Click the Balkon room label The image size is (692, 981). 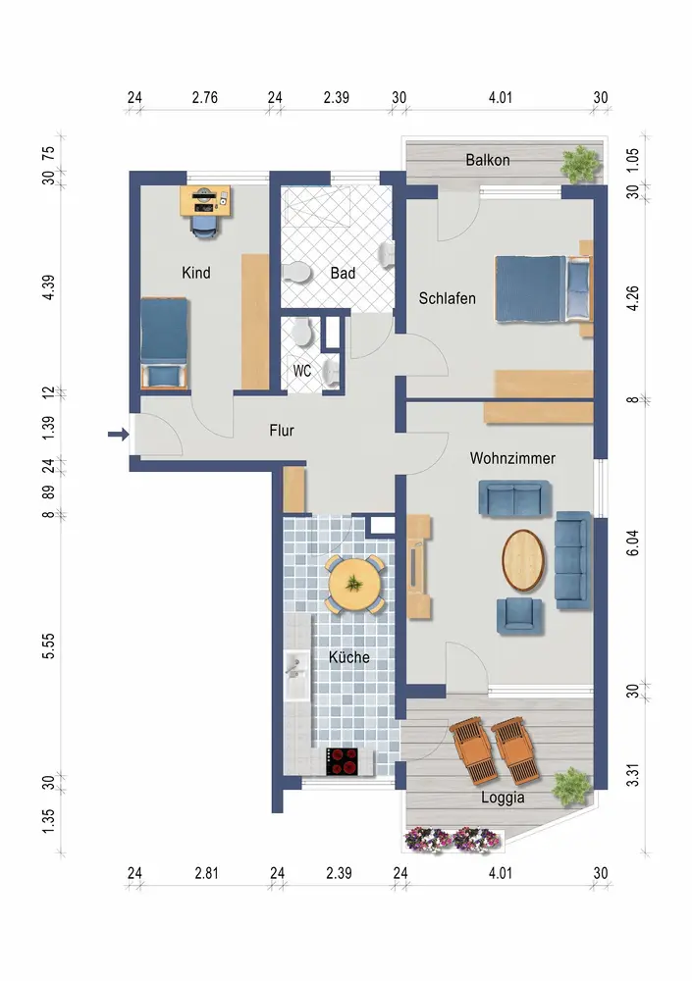click(487, 160)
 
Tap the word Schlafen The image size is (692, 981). click(448, 298)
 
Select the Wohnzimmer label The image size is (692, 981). click(512, 458)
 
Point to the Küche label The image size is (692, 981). click(348, 657)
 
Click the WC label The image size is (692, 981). click(302, 371)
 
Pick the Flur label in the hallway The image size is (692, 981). click(281, 431)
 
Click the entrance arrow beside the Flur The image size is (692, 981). click(119, 434)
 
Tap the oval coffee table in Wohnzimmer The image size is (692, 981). click(523, 560)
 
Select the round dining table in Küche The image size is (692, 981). click(354, 584)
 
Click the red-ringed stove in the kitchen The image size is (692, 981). click(342, 762)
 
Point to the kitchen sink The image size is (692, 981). click(295, 676)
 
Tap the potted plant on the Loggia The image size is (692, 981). click(571, 786)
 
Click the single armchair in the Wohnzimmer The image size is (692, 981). click(518, 615)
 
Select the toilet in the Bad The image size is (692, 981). click(296, 274)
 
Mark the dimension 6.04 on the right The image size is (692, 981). click(633, 542)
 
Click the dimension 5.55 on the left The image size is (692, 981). click(49, 645)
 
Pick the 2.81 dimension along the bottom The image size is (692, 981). click(207, 873)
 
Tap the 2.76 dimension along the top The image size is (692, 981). click(205, 97)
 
